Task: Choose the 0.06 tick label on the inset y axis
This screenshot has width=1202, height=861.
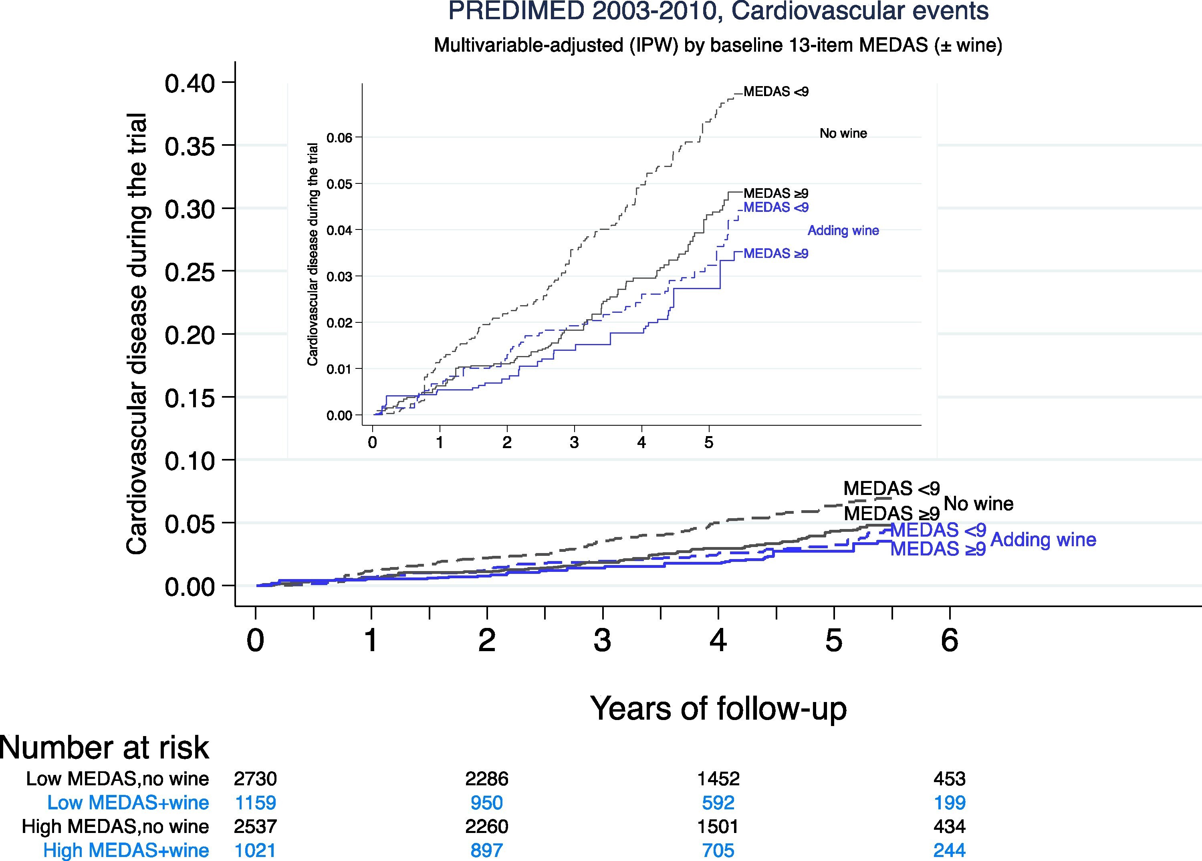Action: click(x=339, y=138)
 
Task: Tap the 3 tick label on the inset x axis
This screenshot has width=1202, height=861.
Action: click(x=574, y=443)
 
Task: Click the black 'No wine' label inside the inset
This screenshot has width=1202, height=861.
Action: click(x=843, y=133)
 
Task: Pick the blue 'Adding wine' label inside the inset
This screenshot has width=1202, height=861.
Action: click(x=843, y=231)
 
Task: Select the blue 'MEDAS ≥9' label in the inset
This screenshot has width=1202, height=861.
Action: click(x=776, y=254)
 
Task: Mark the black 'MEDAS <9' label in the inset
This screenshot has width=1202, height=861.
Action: click(x=776, y=92)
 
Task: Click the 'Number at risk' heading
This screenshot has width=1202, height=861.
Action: click(x=105, y=748)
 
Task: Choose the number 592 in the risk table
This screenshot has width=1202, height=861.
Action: click(x=718, y=802)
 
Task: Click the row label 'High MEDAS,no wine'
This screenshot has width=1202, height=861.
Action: click(x=115, y=826)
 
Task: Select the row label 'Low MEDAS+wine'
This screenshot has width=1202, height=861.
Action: click(x=128, y=802)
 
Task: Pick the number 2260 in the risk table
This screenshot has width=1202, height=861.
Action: click(x=486, y=826)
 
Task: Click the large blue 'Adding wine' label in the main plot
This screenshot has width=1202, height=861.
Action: click(x=1043, y=539)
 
